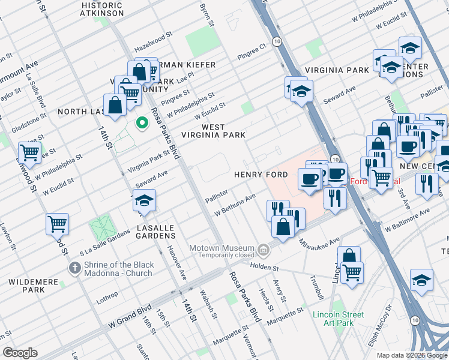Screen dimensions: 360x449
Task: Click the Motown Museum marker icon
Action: (x=263, y=248)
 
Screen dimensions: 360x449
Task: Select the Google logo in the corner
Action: (x=20, y=353)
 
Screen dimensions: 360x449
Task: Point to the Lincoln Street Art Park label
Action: (x=338, y=319)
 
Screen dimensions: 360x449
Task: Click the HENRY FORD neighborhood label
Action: (x=261, y=175)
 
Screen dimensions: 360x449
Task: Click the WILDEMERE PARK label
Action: (x=25, y=286)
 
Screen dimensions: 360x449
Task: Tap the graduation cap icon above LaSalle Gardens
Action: (x=145, y=200)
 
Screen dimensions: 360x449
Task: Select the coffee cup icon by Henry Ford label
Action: (x=310, y=179)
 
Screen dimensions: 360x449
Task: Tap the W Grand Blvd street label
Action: (x=130, y=317)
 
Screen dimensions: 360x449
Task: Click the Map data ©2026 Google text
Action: (x=412, y=355)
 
